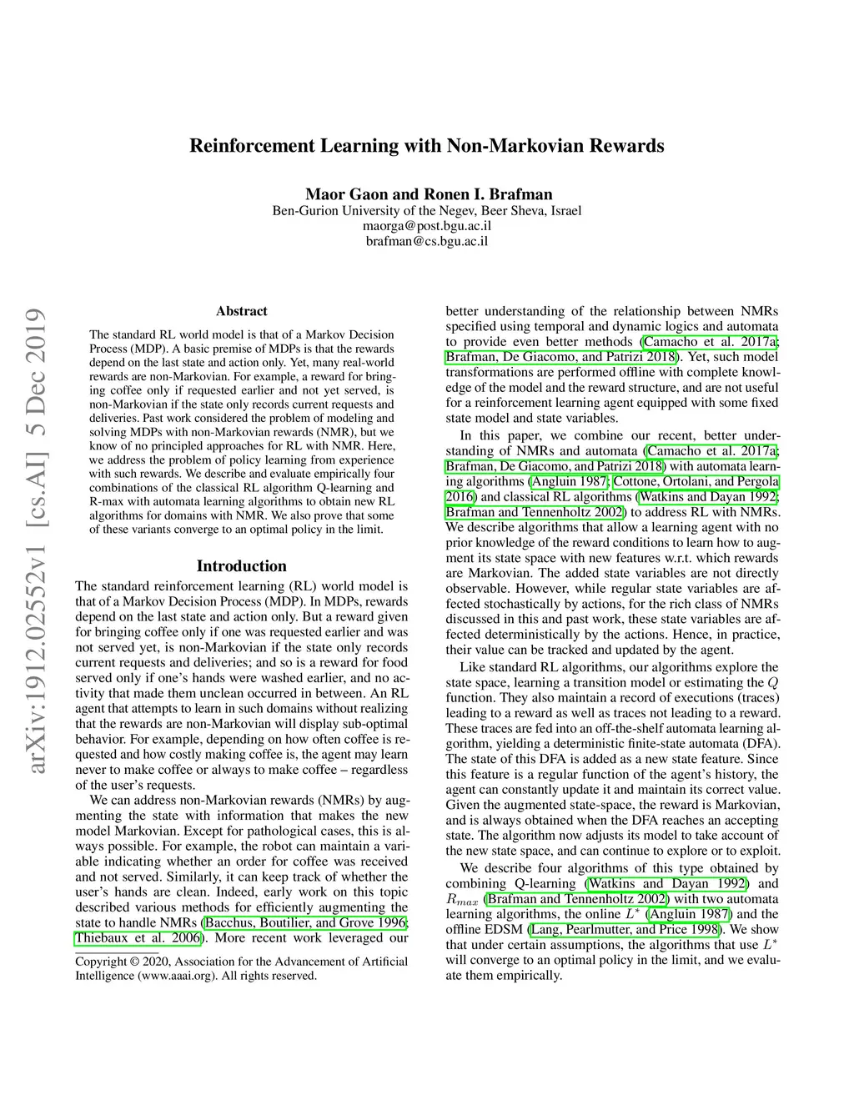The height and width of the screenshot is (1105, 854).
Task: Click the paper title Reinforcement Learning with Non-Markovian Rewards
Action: click(x=426, y=146)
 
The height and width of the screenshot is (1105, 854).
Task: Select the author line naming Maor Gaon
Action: click(x=426, y=194)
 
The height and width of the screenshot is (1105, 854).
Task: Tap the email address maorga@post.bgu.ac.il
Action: click(x=426, y=226)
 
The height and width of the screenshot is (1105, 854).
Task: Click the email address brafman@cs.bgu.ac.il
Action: click(x=426, y=242)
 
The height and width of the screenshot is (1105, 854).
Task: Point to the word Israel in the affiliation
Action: click(x=565, y=210)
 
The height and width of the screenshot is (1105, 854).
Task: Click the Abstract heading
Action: click(x=241, y=311)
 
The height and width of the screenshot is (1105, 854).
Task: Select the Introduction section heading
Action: click(x=241, y=565)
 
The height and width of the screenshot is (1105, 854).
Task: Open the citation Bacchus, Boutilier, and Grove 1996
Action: click(x=305, y=922)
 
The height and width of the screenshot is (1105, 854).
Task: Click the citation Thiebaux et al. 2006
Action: click(x=138, y=937)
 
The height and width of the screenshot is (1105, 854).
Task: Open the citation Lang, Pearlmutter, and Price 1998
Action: click(x=626, y=929)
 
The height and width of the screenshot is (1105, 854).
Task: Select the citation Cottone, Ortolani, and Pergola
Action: click(x=696, y=481)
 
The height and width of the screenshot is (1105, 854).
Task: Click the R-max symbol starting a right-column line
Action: click(x=461, y=900)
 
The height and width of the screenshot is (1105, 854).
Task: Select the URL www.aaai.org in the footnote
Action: click(x=172, y=976)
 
